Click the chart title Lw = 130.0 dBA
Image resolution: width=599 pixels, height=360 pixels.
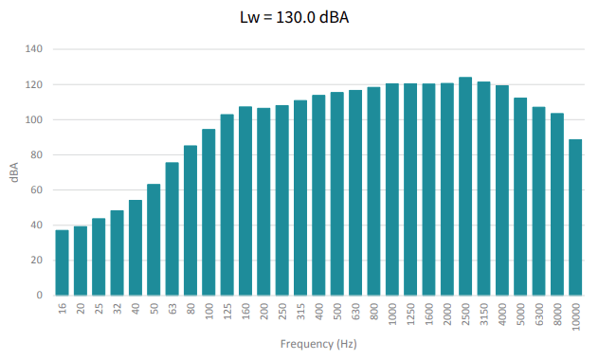pos(294,17)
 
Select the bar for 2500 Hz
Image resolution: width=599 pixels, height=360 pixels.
pos(465,187)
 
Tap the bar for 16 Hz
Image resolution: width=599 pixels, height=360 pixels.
pos(62,262)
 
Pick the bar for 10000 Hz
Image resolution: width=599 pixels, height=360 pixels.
pos(575,217)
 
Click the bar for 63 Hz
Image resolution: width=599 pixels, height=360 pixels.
pos(172,229)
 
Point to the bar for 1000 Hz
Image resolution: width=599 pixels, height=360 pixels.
pos(392,189)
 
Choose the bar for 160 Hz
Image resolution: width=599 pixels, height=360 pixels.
pos(245,201)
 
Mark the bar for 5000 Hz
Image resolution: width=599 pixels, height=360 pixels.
pos(520,197)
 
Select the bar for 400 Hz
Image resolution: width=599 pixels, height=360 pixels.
pos(318,195)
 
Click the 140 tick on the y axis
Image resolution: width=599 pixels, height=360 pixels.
pos(33,49)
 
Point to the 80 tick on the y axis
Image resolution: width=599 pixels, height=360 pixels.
pos(36,154)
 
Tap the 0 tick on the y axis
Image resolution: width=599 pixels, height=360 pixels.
pos(40,295)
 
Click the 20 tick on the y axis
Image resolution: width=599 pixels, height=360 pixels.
pos(36,260)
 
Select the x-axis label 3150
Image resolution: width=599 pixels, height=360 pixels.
pos(484,315)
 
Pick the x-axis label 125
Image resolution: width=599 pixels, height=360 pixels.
pos(227,311)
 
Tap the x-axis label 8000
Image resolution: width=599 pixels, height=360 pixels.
pos(557,315)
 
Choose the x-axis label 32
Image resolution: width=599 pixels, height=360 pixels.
pos(118,309)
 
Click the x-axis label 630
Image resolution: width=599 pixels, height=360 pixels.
pos(355,311)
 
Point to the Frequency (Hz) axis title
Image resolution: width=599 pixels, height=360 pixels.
pos(318,344)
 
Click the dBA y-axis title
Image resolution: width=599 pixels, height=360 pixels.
pos(14,172)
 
